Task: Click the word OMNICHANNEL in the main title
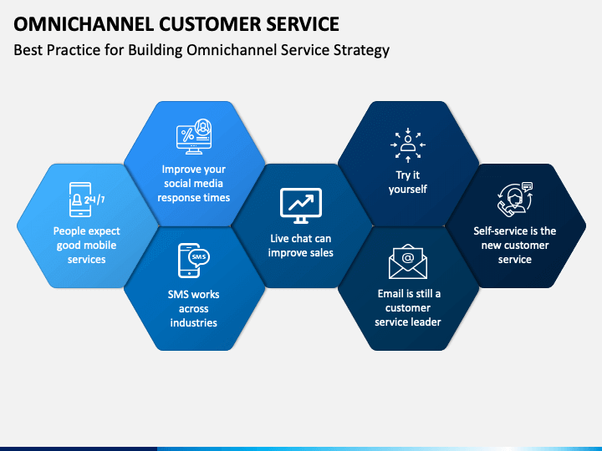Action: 84,24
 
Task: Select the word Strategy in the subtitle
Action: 361,51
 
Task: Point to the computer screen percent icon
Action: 194,136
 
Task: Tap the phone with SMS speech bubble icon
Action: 194,261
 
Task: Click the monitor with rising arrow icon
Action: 301,205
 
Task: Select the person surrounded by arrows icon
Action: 408,145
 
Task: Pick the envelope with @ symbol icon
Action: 408,261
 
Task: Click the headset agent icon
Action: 515,200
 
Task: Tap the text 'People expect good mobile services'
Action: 87,245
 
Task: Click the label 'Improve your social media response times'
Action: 194,183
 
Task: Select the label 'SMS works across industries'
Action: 194,309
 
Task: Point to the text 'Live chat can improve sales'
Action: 301,246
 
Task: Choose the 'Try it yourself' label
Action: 408,182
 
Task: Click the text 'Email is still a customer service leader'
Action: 408,307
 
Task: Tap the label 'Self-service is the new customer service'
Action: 515,245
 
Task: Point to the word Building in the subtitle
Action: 156,51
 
